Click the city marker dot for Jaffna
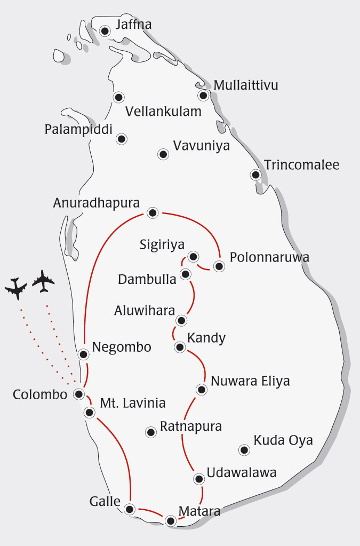pos(105,31)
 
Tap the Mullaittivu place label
pos(245,85)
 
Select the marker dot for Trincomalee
pos(256,175)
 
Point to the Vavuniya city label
pos(202,146)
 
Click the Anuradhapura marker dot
pos(153,213)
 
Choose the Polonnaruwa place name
pos(269,257)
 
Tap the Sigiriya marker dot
pos(194,256)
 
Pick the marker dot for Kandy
pos(180,347)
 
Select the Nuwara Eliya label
pos(250,381)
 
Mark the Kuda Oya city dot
pos(244,450)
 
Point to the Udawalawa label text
pos(241,472)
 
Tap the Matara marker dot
pos(170,521)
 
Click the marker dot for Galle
pos(129,509)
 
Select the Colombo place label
pos(40,395)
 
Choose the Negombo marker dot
pos(83,354)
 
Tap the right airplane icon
pos(44,281)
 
